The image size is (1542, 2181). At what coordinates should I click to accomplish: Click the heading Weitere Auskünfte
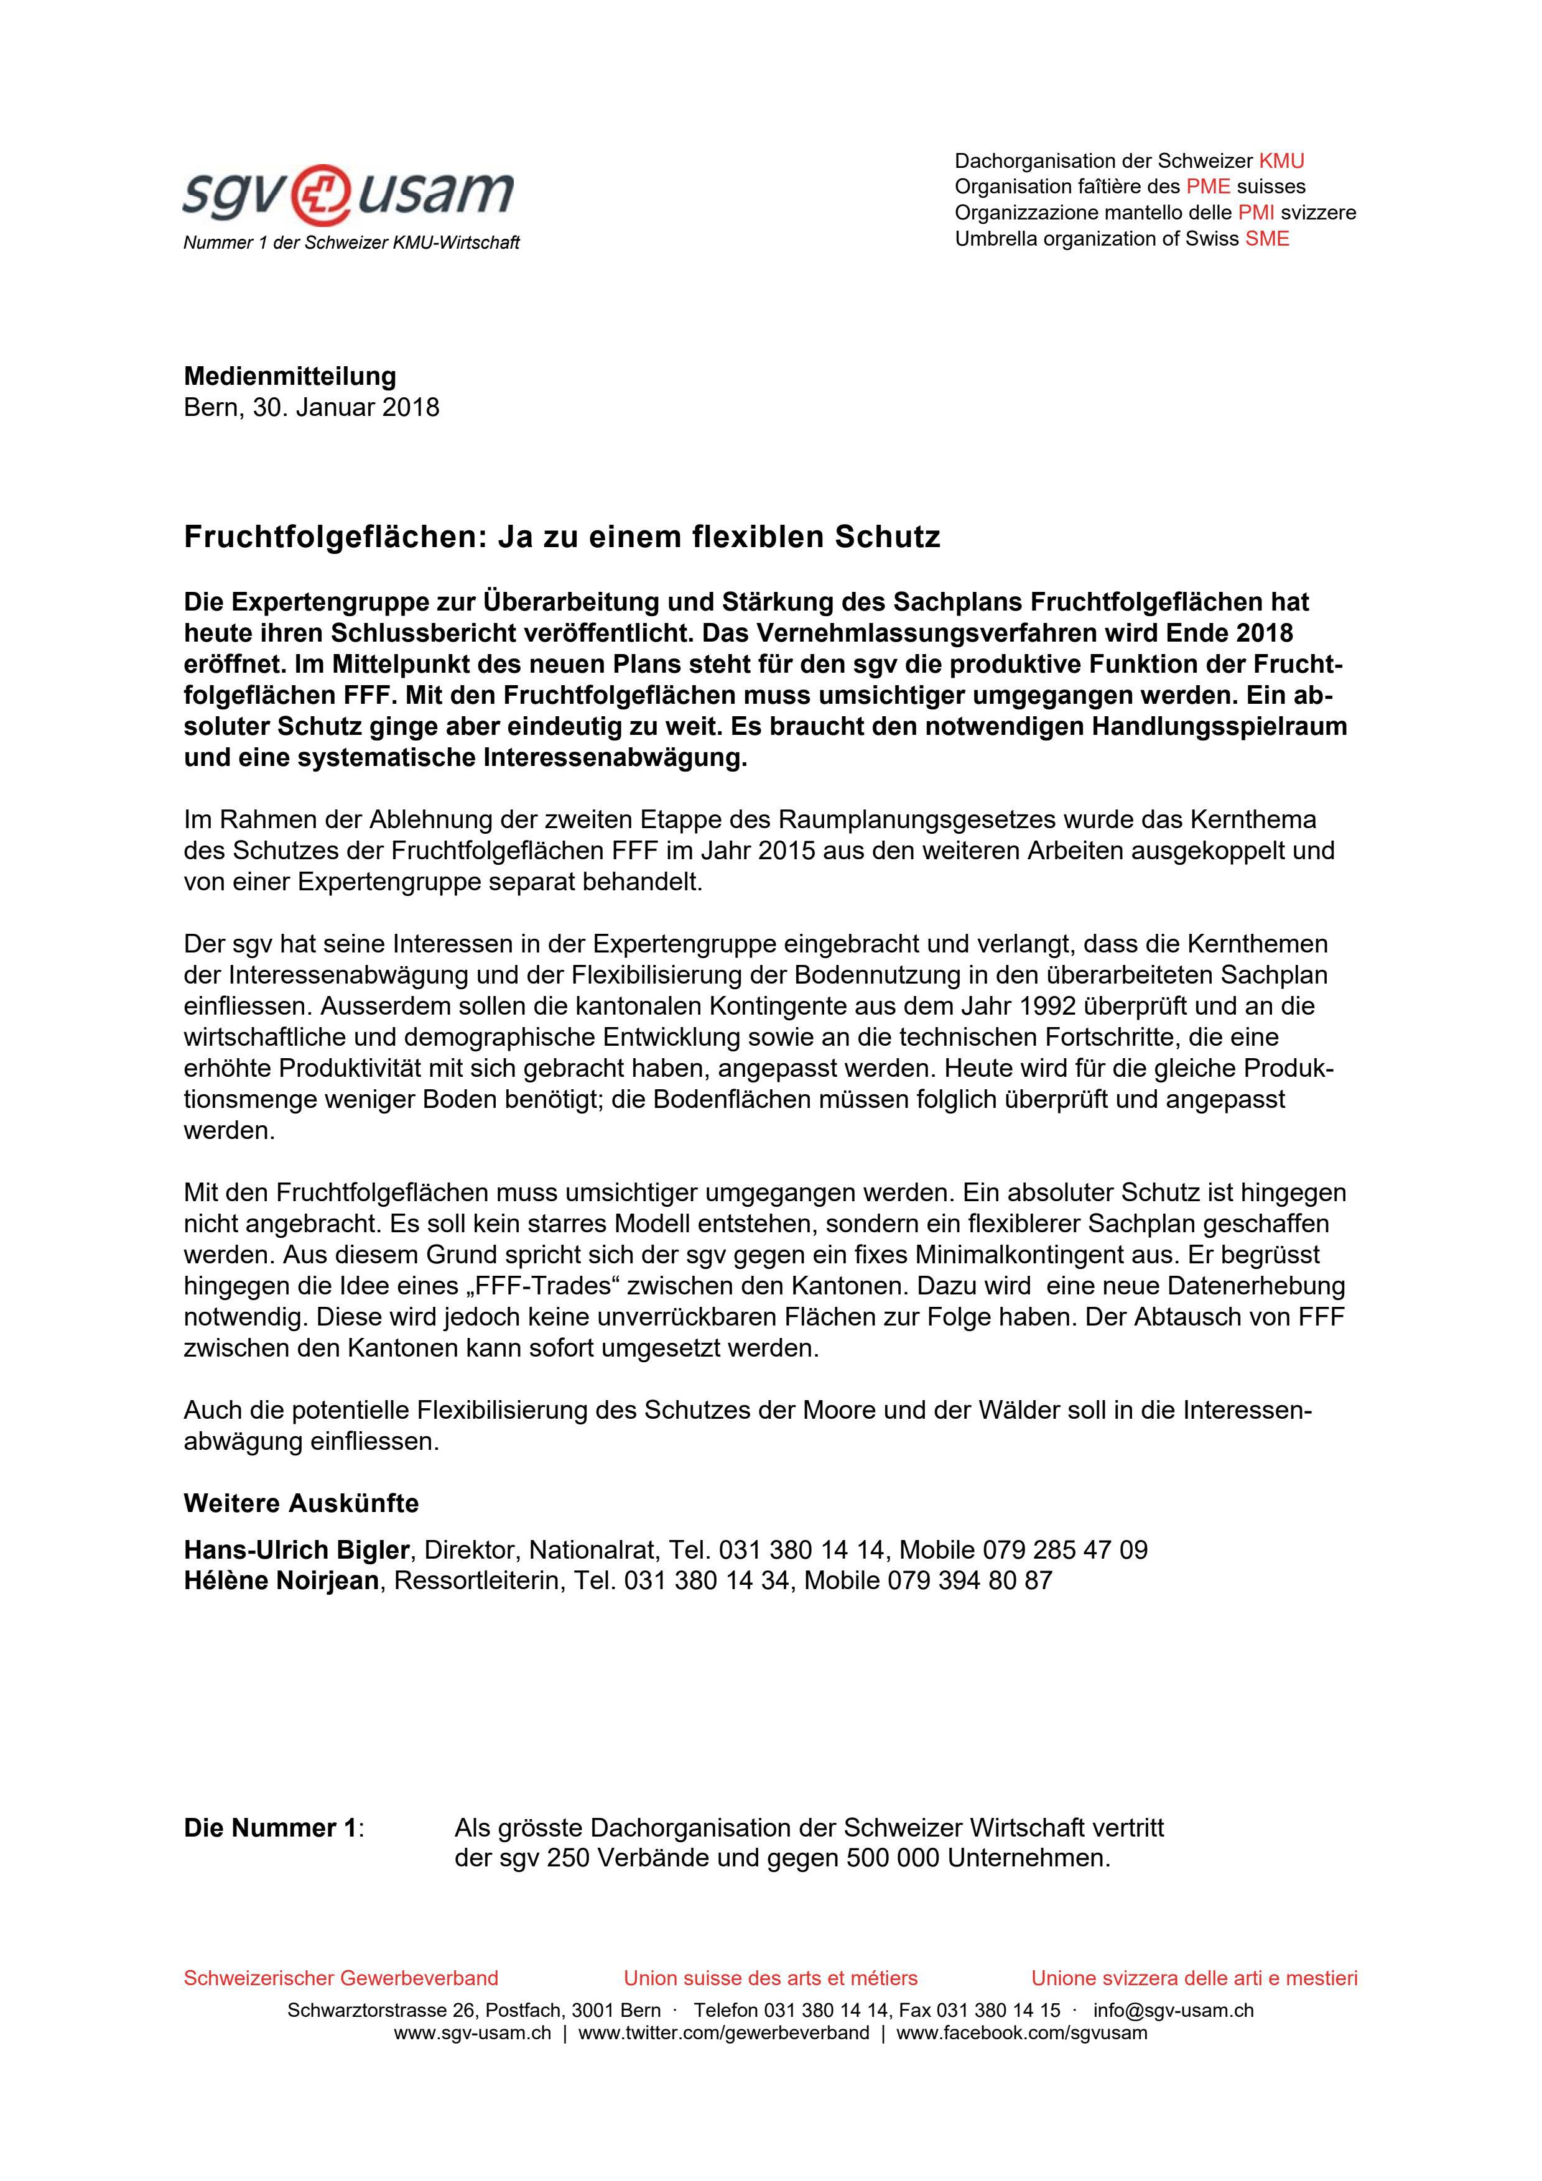[301, 1504]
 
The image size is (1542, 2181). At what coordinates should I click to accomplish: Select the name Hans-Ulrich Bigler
[297, 1550]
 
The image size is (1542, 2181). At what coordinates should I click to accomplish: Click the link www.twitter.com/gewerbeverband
[723, 2034]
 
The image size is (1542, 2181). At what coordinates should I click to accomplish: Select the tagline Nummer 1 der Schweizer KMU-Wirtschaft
[351, 243]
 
